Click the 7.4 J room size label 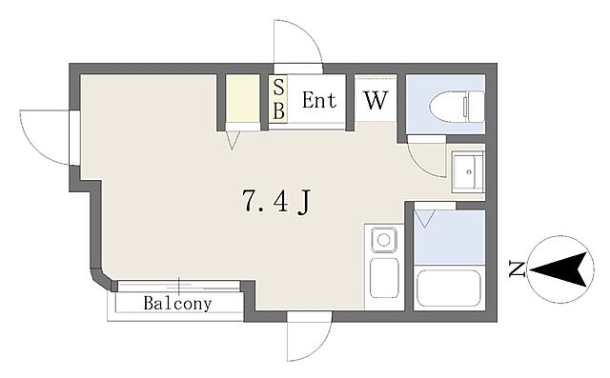tap(275, 201)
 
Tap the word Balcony tap(178, 304)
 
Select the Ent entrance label tap(319, 100)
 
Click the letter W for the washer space tap(376, 100)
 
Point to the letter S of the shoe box tap(278, 88)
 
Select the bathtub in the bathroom tap(449, 288)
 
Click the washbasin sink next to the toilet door tap(467, 171)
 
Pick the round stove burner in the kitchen tap(383, 240)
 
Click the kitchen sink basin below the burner tap(384, 278)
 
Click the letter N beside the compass tap(518, 269)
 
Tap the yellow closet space tap(243, 98)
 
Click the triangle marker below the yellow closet tap(233, 140)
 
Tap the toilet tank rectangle tap(476, 106)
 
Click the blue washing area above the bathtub tap(449, 237)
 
